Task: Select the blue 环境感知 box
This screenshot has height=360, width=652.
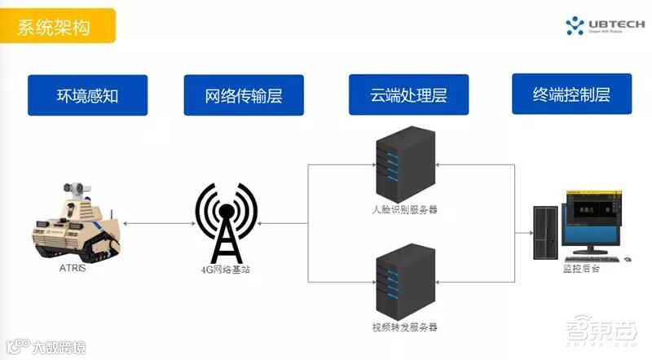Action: pos(88,95)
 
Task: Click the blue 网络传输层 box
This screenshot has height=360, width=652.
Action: pos(244,95)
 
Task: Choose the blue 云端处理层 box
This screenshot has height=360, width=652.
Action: pos(408,94)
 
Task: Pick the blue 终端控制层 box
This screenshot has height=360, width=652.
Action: pos(572,94)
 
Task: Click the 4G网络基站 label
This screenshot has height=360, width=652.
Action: pos(226,270)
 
